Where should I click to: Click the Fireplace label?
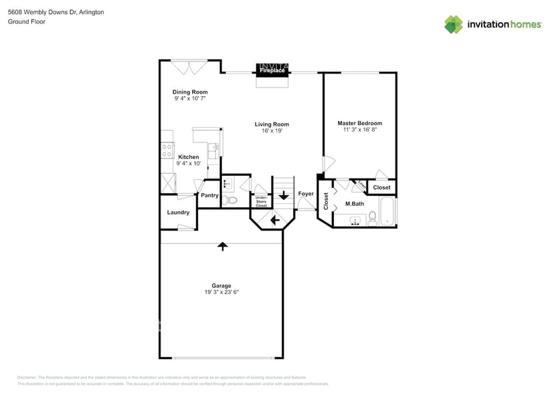tap(272, 70)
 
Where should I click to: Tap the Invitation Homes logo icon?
tap(454, 25)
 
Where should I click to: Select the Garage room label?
tap(221, 285)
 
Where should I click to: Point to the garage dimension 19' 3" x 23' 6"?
tap(221, 292)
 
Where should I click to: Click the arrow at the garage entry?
tap(222, 246)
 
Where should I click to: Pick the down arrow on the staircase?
tap(283, 196)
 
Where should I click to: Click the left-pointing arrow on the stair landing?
tap(274, 219)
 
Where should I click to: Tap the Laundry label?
tap(178, 213)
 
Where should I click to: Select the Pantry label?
tap(209, 195)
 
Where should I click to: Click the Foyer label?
tap(306, 194)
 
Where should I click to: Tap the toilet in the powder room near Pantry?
tap(231, 200)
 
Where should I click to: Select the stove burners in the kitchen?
tap(167, 150)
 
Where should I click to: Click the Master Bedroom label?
tap(359, 123)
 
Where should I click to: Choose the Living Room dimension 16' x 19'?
tap(272, 131)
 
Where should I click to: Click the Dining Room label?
tap(190, 92)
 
